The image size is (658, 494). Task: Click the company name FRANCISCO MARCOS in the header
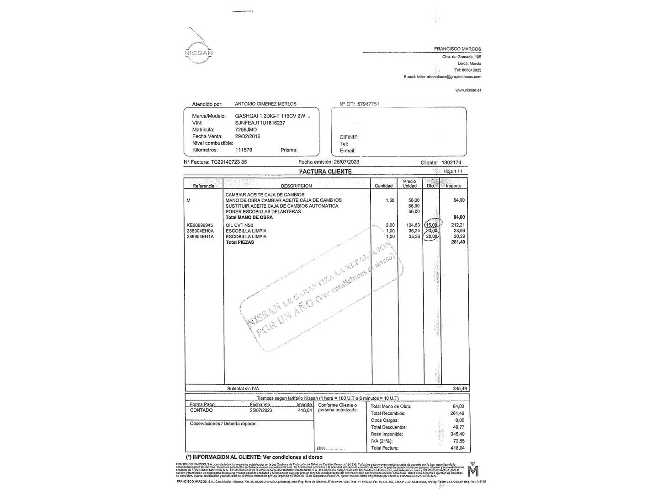[x=457, y=49]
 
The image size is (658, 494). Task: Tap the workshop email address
[x=449, y=77]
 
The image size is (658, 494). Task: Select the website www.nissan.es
[x=468, y=90]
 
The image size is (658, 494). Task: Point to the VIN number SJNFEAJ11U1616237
[x=260, y=123]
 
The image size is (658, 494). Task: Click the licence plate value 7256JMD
[x=246, y=130]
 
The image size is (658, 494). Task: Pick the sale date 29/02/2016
[x=248, y=136]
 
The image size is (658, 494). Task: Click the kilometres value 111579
[x=244, y=150]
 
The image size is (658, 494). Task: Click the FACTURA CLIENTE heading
[x=325, y=172]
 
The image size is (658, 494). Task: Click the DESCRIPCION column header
[x=296, y=186]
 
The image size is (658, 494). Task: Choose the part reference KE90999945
[x=200, y=225]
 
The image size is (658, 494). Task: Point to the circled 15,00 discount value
[x=431, y=225]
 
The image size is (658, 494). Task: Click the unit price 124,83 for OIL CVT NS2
[x=413, y=225]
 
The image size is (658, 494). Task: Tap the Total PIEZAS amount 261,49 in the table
[x=458, y=242]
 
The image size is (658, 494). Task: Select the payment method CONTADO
[x=201, y=410]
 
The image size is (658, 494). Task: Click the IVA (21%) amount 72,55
[x=457, y=441]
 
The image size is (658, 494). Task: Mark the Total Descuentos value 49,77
[x=457, y=427]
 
